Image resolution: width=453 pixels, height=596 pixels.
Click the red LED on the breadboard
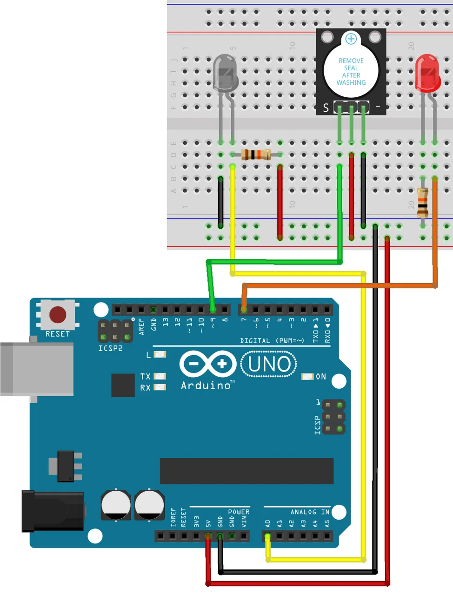[427, 74]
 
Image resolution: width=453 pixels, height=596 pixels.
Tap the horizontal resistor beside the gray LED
[256, 155]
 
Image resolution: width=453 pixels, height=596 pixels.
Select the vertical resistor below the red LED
[422, 203]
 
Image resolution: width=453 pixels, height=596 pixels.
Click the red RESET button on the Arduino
[58, 315]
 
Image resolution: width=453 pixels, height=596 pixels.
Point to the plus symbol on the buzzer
[351, 39]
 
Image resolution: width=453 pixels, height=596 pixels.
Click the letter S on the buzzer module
[326, 108]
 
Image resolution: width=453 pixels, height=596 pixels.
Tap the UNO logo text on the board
[269, 364]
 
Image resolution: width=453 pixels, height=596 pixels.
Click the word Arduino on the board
[206, 386]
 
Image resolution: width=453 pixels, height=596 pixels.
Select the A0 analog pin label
[267, 523]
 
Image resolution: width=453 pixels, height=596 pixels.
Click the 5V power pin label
[208, 523]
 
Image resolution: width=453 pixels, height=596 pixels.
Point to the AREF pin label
[141, 326]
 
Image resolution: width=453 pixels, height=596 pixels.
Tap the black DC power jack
[53, 511]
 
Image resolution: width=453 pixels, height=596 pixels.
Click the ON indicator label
[321, 377]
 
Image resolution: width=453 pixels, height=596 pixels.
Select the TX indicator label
[145, 376]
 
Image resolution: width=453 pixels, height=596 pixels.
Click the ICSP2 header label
[110, 348]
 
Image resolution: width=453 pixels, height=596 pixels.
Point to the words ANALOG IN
[310, 512]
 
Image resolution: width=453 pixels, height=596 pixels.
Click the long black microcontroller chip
[246, 471]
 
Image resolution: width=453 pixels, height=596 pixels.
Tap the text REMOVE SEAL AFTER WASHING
[351, 72]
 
